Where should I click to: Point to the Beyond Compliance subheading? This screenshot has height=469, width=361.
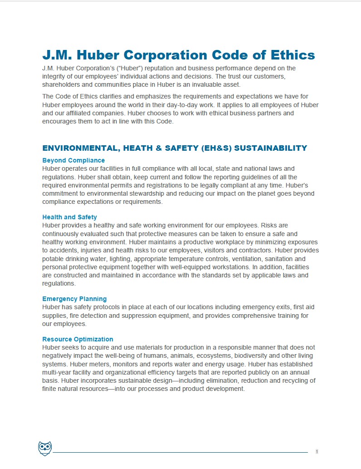(74, 160)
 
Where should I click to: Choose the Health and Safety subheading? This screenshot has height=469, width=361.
(69, 217)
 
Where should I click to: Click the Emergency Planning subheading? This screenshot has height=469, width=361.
(74, 299)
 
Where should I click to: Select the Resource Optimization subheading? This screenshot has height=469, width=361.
(78, 339)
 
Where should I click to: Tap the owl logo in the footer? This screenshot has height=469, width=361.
(45, 448)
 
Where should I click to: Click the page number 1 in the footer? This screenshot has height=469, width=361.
(317, 451)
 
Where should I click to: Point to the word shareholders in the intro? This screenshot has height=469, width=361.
(61, 85)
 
